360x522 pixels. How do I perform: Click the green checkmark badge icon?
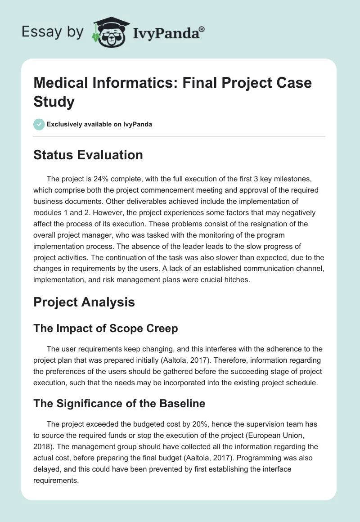(39, 124)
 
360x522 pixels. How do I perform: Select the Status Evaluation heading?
(88, 155)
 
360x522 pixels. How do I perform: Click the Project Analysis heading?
(84, 302)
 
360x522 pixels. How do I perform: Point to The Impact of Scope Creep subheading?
(106, 328)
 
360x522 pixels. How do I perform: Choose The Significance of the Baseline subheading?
(119, 404)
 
